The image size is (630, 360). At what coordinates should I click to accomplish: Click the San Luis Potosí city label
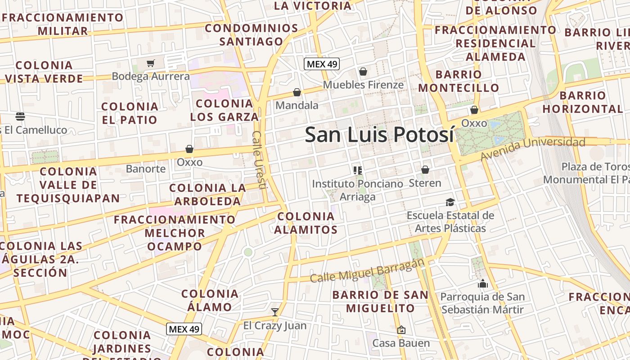pos(379,135)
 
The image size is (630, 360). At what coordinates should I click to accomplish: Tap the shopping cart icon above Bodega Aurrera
pos(151,63)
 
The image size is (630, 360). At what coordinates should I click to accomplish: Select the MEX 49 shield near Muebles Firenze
pos(322,64)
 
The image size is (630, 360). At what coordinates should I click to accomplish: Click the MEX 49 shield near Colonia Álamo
pos(184,329)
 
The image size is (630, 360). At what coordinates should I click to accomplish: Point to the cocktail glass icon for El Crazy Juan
pos(275,312)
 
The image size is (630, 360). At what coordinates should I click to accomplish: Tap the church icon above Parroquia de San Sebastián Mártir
pos(483,283)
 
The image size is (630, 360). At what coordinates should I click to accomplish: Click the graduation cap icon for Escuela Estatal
pos(450,202)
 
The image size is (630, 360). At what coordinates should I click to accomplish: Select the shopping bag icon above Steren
pos(425,170)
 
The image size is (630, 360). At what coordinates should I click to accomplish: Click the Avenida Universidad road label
pos(533,148)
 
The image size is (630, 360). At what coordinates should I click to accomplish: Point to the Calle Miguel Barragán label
pos(367,271)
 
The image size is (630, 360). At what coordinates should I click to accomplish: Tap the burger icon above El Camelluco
pos(20,117)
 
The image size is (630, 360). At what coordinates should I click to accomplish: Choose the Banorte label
pos(146,169)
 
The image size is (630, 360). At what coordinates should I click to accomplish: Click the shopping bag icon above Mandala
pos(297,92)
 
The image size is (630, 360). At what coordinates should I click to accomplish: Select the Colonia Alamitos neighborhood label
pos(306,223)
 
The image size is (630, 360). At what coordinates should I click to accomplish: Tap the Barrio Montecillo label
pos(459,81)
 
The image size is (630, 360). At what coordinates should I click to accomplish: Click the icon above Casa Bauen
pos(401,330)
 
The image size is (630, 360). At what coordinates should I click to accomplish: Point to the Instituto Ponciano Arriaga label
pos(357,190)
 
